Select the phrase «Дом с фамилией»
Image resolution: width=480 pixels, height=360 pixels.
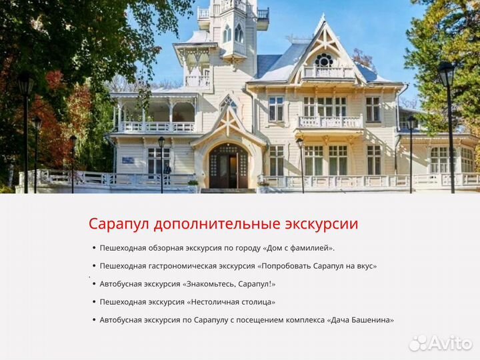point(297,248)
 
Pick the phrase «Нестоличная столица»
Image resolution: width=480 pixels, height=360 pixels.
point(231,302)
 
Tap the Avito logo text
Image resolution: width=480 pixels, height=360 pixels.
point(450,343)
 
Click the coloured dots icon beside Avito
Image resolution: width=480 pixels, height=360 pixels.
point(417,343)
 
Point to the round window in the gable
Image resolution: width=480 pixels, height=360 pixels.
point(324,61)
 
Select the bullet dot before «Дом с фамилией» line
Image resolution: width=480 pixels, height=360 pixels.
point(94,248)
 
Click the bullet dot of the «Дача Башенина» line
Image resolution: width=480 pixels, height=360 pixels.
point(94,320)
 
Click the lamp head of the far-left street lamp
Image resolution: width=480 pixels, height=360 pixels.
point(26,84)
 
